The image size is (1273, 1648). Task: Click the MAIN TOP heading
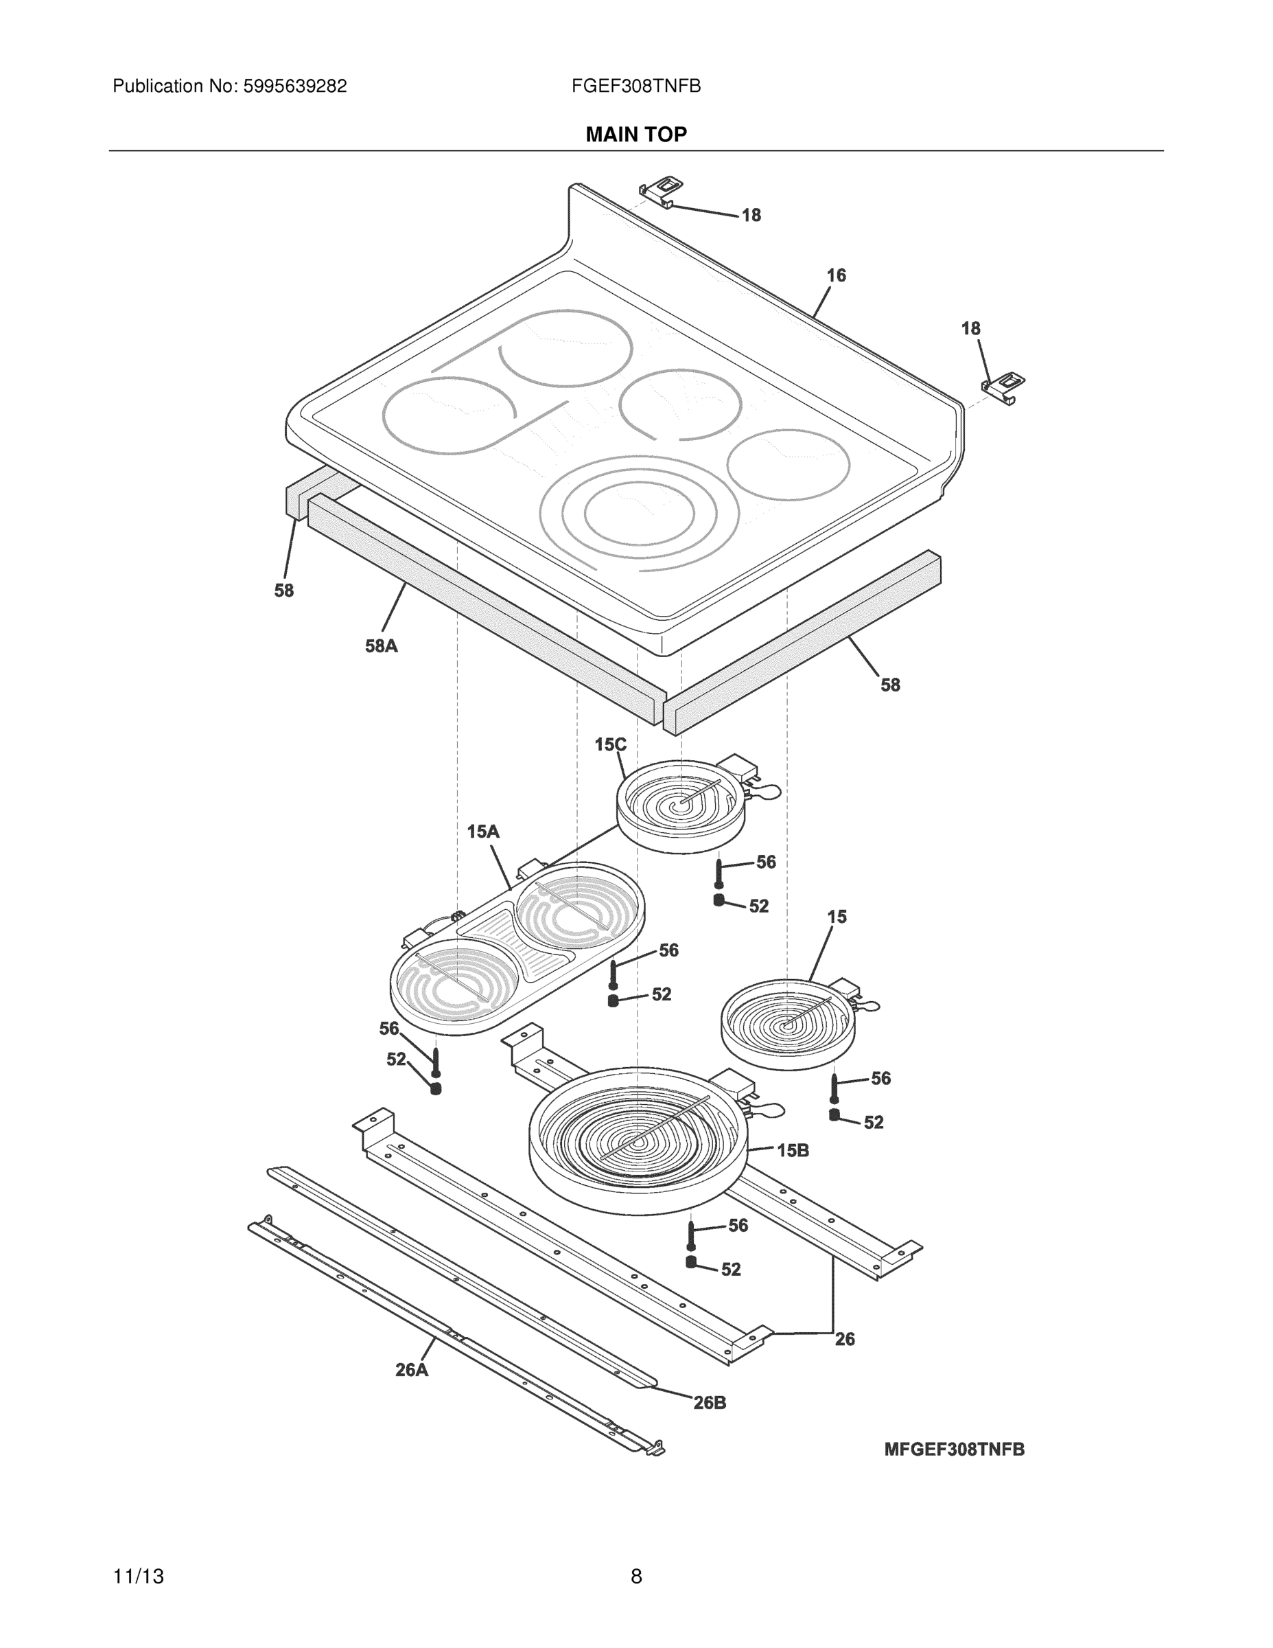click(635, 135)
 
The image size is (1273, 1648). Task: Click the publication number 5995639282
click(294, 87)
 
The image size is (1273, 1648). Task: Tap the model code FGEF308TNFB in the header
click(635, 87)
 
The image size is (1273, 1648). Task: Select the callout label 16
click(836, 275)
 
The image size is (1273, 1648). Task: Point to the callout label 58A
click(381, 646)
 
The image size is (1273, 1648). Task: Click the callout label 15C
click(610, 745)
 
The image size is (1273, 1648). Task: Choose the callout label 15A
click(483, 832)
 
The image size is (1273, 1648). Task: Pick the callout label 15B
click(793, 1150)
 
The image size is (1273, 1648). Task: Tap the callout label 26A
click(412, 1370)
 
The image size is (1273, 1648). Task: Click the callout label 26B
click(710, 1403)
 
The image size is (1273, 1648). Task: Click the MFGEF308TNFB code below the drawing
click(954, 1450)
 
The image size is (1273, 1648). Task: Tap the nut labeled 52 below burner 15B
click(691, 1261)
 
